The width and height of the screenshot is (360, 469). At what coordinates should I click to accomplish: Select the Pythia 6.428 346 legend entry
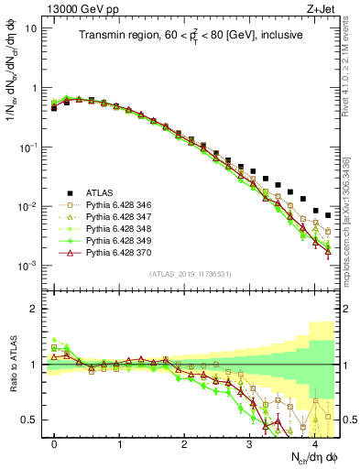pos(115,204)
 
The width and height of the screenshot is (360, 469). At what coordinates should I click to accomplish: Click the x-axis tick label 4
pos(314,442)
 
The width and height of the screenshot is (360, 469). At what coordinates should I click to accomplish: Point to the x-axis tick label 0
pos(55,442)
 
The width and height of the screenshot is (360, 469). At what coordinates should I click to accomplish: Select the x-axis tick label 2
pos(184,442)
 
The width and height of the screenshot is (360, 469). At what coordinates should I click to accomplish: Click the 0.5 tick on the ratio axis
pos(32,420)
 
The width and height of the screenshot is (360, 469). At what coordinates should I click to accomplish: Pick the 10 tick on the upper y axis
pos(32,28)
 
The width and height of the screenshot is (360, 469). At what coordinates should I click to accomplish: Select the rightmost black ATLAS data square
pos(328,215)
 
